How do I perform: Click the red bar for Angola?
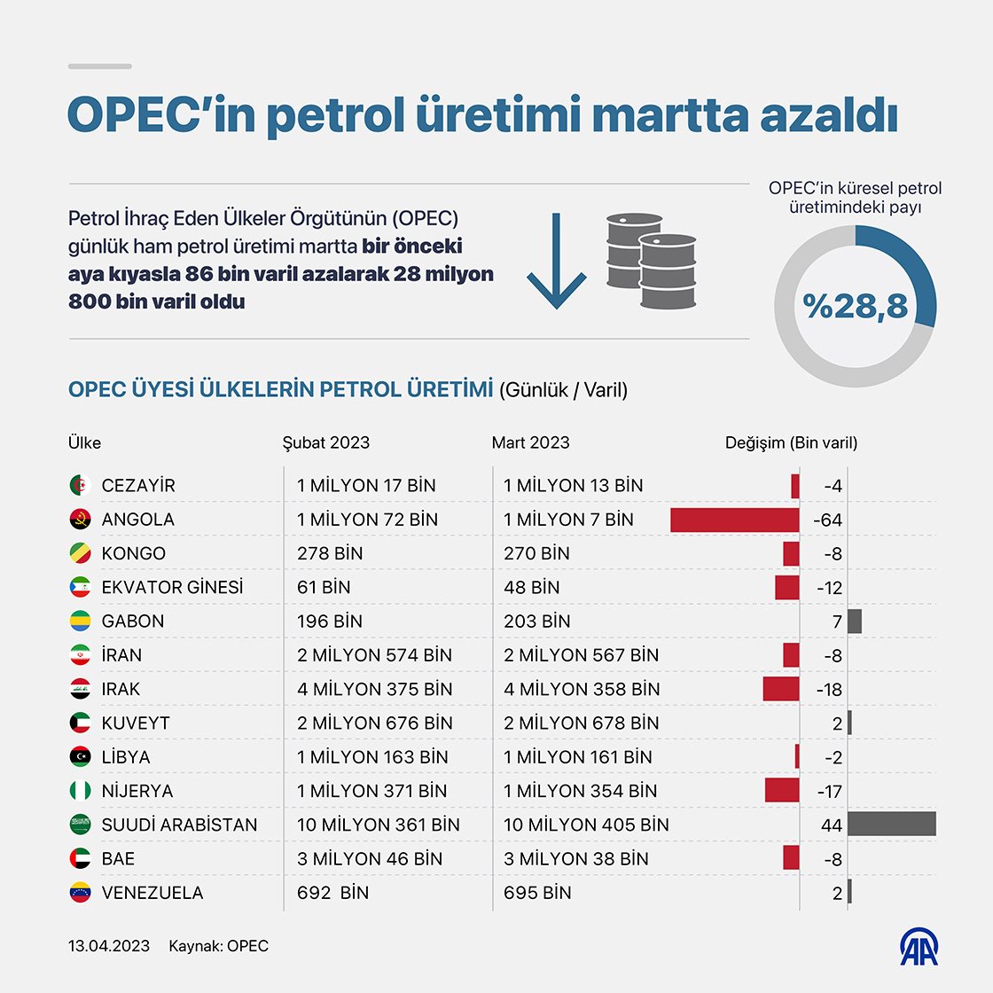[x=734, y=520]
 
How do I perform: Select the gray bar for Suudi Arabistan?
[x=891, y=824]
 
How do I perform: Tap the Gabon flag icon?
[x=80, y=621]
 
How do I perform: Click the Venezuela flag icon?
[x=80, y=892]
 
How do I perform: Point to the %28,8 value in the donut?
[x=855, y=306]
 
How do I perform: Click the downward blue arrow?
[x=557, y=261]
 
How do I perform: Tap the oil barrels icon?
[x=651, y=261]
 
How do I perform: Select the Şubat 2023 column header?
[x=325, y=442]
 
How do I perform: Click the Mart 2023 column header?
[x=530, y=442]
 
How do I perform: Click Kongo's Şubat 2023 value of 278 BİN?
[x=330, y=553]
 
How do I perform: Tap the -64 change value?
[x=827, y=520]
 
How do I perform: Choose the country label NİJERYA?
[x=137, y=791]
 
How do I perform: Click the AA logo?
[x=919, y=948]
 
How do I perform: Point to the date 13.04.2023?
[x=109, y=946]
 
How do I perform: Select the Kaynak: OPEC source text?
[x=218, y=946]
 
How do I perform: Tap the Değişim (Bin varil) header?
[x=791, y=442]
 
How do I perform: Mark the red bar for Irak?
[x=780, y=689]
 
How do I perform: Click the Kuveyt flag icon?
[x=80, y=723]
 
